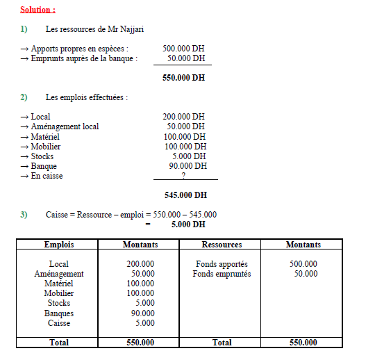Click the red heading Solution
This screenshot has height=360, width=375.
[x=37, y=10]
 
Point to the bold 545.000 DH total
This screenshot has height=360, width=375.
[x=185, y=195]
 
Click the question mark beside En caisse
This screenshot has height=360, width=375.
[x=183, y=176]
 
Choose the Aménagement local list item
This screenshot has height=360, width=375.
[x=65, y=126]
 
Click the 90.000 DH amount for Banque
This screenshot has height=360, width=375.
[x=186, y=166]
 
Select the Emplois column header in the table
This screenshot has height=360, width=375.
[x=58, y=245]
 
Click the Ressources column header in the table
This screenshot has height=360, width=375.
[x=222, y=245]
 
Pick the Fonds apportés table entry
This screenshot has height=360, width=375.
[x=222, y=264]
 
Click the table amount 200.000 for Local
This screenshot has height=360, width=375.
[x=140, y=264]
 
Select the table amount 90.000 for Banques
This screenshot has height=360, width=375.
[x=142, y=313]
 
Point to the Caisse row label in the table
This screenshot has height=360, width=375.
[x=58, y=322]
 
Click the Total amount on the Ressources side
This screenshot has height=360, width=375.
[x=303, y=342]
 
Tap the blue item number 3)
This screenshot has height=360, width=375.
[x=24, y=215]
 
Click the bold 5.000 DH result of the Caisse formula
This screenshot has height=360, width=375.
[x=188, y=224]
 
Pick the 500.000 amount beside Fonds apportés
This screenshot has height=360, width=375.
[x=303, y=264]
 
